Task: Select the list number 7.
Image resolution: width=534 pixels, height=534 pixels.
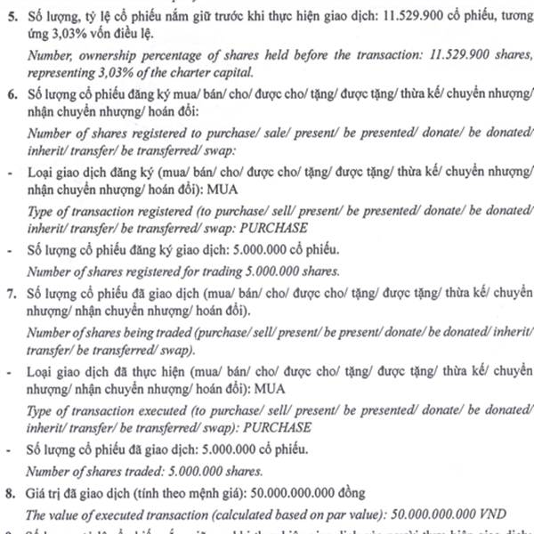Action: tap(11, 292)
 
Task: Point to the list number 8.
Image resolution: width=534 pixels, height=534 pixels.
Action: tap(11, 491)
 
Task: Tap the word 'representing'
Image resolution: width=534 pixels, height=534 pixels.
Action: tap(60, 73)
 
